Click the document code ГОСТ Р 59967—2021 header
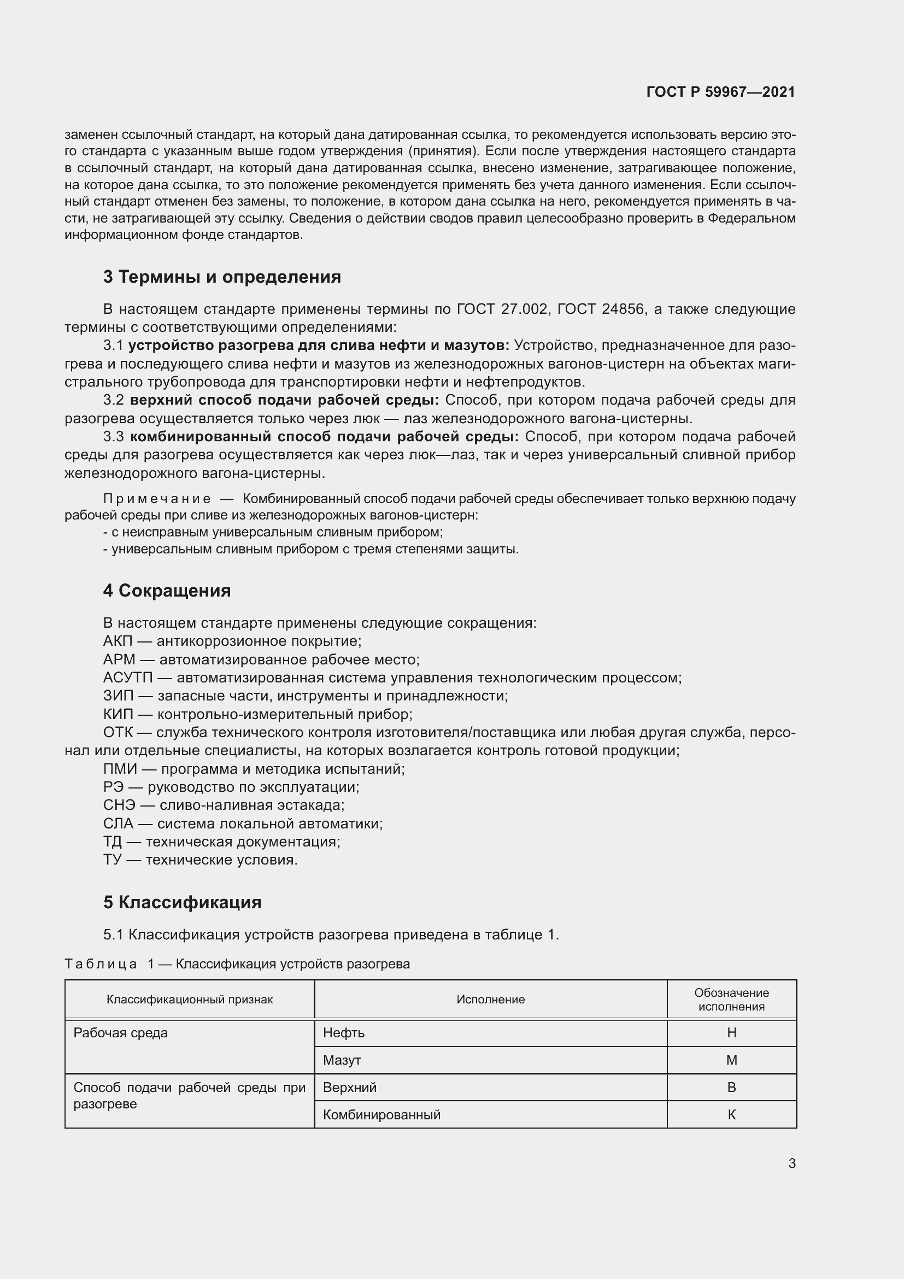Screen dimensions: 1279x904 pyautogui.click(x=720, y=92)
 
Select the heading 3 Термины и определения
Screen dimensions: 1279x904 pyautogui.click(x=222, y=277)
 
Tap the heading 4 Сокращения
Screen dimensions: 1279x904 pyautogui.click(x=167, y=591)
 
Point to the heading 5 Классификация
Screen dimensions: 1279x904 pyautogui.click(x=182, y=902)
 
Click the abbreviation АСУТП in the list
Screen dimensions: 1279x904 pyautogui.click(x=127, y=678)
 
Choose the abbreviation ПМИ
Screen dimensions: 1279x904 pyautogui.click(x=120, y=769)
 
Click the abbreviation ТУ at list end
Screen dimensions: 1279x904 pyautogui.click(x=112, y=860)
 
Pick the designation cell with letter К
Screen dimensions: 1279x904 pyautogui.click(x=731, y=1115)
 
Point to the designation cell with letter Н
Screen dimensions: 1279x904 pyautogui.click(x=731, y=1033)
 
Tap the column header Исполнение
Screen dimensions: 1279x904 pyautogui.click(x=490, y=1000)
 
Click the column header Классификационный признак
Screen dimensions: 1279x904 pyautogui.click(x=190, y=1000)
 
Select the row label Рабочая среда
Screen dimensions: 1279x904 pyautogui.click(x=121, y=1033)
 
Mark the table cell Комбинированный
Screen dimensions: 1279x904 pyautogui.click(x=382, y=1115)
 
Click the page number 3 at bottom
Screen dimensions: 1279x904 pyautogui.click(x=791, y=1164)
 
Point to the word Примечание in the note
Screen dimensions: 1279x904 pyautogui.click(x=157, y=499)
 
